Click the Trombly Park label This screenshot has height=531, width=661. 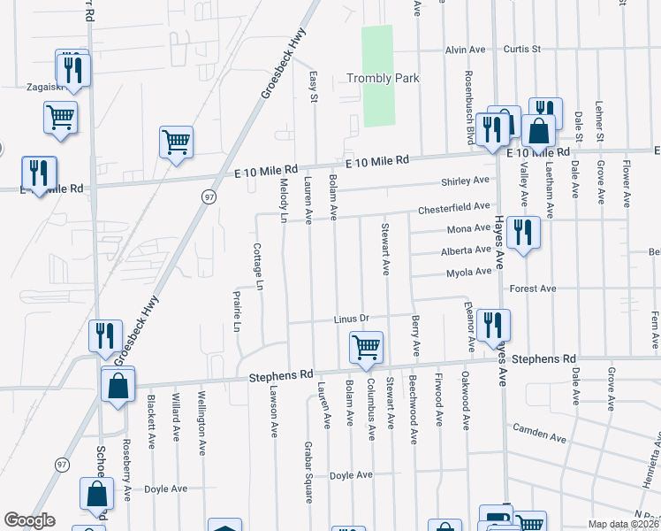pos(383,79)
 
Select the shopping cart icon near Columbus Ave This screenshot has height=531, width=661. pos(366,347)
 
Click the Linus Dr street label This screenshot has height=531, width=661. pos(356,319)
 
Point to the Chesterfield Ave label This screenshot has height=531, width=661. pos(454,208)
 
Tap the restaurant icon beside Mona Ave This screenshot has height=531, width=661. pos(523,233)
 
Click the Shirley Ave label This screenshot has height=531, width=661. pos(466,181)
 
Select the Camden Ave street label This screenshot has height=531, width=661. pos(540,434)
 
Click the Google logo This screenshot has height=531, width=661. pos(29,520)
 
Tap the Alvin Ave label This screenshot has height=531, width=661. pos(467,50)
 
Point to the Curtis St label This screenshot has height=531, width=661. pos(521,50)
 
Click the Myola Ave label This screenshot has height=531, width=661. pos(467,273)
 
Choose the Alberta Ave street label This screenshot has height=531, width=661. pos(466,251)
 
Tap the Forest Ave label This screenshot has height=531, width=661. pos(534,289)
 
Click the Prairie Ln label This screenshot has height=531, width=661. pos(237,312)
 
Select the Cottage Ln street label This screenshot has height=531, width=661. pos(259,267)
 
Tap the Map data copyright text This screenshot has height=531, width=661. pos(624,524)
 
